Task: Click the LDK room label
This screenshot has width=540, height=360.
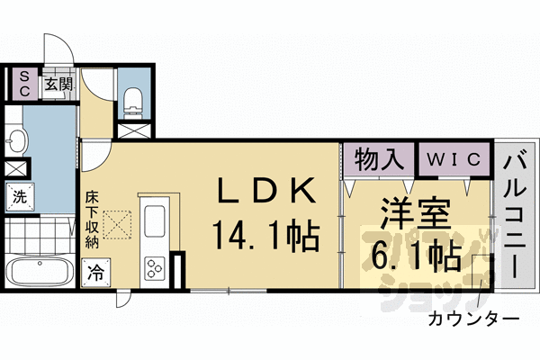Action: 266,193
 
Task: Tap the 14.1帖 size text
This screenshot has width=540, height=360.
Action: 266,237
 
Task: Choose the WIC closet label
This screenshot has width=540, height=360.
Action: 454,161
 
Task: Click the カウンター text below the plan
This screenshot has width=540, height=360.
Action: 472,319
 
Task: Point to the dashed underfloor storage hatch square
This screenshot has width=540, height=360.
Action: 116,222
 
